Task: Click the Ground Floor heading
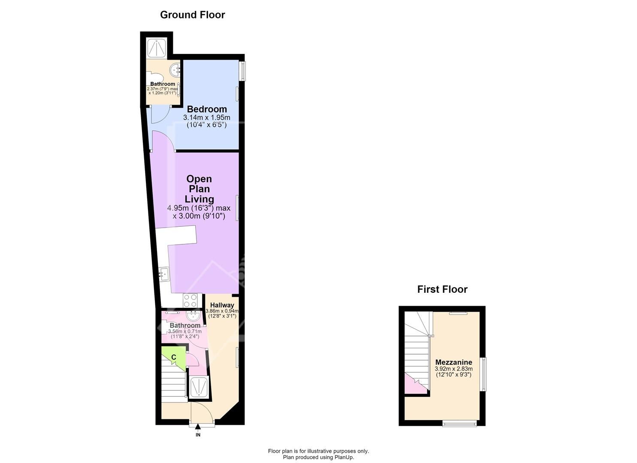pyautogui.click(x=193, y=15)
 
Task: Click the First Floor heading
pyautogui.click(x=442, y=289)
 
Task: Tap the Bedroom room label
pyautogui.click(x=207, y=109)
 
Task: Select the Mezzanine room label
pyautogui.click(x=453, y=362)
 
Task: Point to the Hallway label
pyautogui.click(x=222, y=305)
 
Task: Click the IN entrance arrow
pyautogui.click(x=198, y=430)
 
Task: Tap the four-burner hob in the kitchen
pyautogui.click(x=190, y=301)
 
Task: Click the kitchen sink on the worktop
pyautogui.click(x=164, y=274)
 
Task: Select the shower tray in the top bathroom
pyautogui.click(x=157, y=48)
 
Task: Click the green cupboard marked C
pyautogui.click(x=173, y=358)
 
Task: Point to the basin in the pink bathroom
pyautogui.click(x=194, y=315)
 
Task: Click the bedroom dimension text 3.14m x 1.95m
pyautogui.click(x=207, y=117)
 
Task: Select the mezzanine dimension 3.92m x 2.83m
pyautogui.click(x=453, y=369)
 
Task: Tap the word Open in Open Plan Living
pyautogui.click(x=199, y=179)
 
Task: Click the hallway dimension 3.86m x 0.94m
pyautogui.click(x=222, y=311)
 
